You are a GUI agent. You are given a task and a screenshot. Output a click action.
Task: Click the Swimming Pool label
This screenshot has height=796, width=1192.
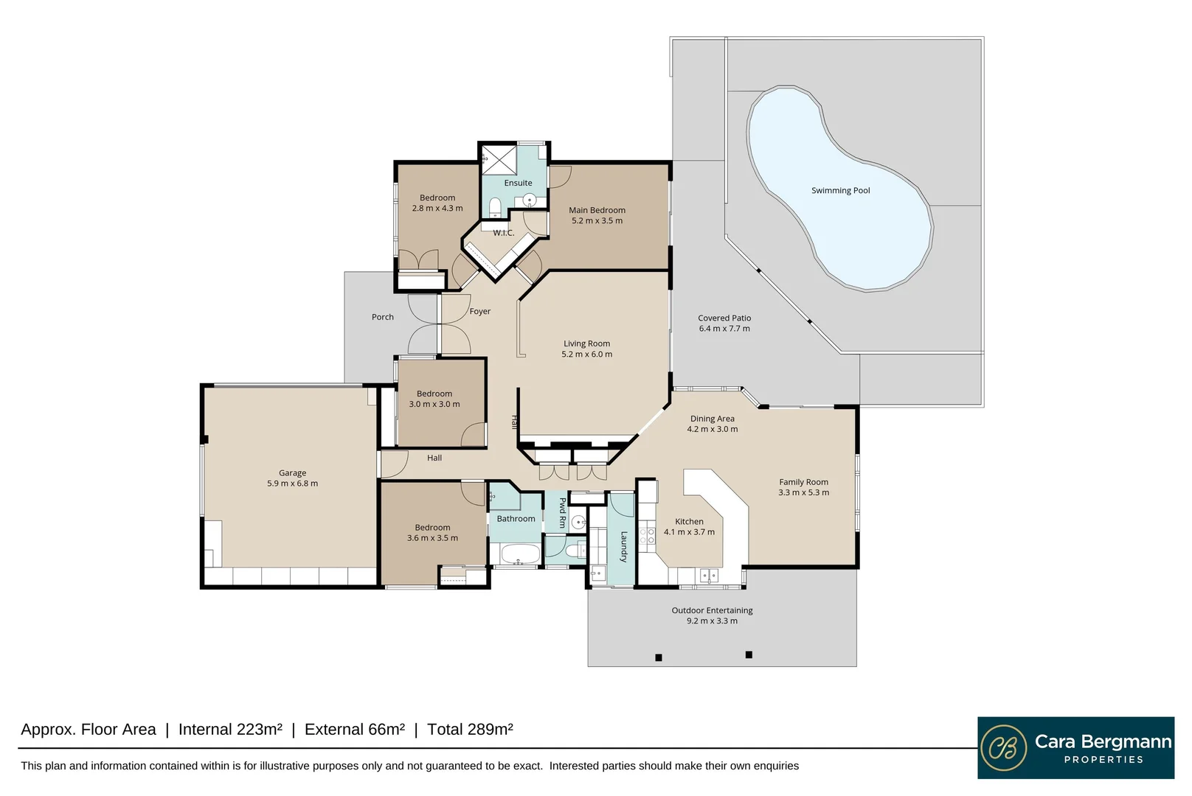pos(840,190)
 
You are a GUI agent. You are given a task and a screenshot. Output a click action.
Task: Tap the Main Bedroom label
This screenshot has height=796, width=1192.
pos(597,210)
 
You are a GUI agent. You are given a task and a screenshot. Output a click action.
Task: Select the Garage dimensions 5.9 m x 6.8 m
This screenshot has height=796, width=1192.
pos(292,483)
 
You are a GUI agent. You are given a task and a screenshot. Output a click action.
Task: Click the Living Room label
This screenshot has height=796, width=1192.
pos(586,343)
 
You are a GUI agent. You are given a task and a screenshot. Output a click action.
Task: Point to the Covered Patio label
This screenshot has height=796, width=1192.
pos(724,318)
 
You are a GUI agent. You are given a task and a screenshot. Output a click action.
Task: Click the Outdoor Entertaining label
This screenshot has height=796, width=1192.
pos(712,610)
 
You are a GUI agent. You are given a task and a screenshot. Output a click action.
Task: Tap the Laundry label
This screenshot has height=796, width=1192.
pos(624,547)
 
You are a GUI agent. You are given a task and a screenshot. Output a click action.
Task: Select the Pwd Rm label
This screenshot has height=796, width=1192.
pos(563,513)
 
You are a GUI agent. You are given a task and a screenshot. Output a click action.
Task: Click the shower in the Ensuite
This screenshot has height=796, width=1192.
pos(499,159)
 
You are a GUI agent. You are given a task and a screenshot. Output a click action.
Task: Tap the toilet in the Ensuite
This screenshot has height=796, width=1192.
pos(495,207)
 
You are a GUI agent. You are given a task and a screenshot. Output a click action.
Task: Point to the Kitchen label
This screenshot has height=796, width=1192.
pos(689,522)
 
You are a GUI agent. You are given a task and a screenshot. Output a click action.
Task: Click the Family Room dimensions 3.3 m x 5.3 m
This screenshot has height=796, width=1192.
pos(803,492)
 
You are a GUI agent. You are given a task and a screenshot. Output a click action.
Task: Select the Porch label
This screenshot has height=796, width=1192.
pos(383,317)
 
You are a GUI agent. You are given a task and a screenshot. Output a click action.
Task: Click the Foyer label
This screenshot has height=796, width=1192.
pos(479,312)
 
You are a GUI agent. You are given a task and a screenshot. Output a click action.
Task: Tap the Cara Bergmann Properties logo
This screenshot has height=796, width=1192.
pos(1075,747)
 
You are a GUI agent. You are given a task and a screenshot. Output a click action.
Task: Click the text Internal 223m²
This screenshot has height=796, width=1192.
pos(230,730)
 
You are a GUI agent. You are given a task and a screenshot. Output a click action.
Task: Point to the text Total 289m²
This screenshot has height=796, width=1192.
pos(470,730)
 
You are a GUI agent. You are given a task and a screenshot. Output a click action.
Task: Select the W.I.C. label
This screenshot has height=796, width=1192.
pos(503,233)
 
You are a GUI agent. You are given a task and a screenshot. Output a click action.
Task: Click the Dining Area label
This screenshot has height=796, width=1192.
pos(712,419)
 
